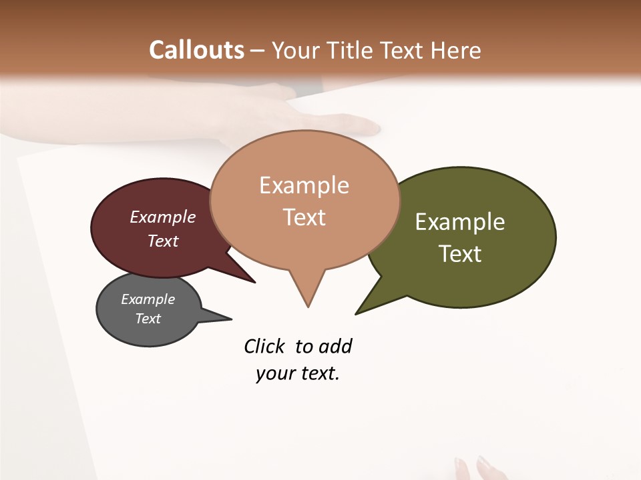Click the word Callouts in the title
click(x=196, y=50)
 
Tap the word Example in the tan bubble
click(x=304, y=185)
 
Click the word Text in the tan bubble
click(x=304, y=217)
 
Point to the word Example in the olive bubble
click(x=460, y=222)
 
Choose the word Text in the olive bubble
click(x=460, y=254)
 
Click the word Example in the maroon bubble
click(x=163, y=217)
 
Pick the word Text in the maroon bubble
click(x=163, y=241)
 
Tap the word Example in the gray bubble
click(x=148, y=299)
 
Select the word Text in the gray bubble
click(x=148, y=319)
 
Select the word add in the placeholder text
click(x=335, y=347)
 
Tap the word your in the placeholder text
click(x=270, y=374)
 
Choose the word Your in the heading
click(x=295, y=50)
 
